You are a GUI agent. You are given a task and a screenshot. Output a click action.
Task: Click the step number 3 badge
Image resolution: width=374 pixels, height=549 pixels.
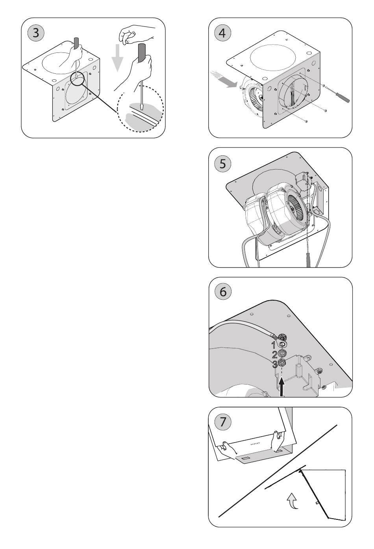click(x=36, y=33)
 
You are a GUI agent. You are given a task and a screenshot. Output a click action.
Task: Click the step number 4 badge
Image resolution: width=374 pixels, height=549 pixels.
click(x=222, y=33)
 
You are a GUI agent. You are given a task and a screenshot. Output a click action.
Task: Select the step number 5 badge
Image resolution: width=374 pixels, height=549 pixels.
click(x=222, y=163)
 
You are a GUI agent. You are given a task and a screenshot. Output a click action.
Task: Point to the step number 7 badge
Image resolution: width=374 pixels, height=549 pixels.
click(x=222, y=422)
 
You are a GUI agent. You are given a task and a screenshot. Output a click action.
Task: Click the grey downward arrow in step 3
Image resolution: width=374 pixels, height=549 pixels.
click(x=117, y=58)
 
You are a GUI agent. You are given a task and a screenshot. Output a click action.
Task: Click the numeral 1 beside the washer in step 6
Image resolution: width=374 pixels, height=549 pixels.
click(x=274, y=345)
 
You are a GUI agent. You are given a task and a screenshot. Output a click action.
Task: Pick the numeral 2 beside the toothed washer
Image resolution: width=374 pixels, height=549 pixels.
click(x=274, y=355)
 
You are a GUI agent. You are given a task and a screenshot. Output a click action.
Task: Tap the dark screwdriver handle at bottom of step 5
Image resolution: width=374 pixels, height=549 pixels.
click(x=308, y=260)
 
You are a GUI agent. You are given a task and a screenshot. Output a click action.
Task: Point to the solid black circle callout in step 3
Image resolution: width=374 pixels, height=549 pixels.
click(x=77, y=78)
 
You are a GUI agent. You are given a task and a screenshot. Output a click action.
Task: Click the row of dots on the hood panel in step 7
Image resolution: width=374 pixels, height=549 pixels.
click(x=256, y=444)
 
